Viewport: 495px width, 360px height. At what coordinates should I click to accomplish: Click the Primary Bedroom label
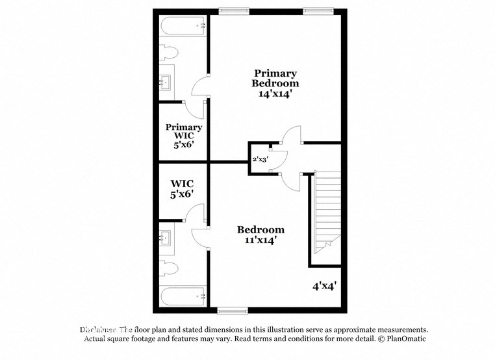point(275,78)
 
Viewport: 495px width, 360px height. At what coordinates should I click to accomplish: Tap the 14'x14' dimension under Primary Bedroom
point(275,93)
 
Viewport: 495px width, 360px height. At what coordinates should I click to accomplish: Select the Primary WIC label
point(184,132)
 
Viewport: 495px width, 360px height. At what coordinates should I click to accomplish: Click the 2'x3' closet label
point(260,159)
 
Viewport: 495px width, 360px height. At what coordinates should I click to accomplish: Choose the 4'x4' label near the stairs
point(324,285)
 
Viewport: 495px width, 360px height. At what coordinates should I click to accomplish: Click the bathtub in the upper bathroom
point(183,26)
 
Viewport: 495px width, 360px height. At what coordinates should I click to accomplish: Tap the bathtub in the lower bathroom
point(183,296)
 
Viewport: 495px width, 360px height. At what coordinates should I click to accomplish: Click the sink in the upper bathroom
point(166,82)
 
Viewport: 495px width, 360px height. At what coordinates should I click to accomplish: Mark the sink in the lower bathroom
point(166,238)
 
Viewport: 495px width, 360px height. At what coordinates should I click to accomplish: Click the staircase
point(327,211)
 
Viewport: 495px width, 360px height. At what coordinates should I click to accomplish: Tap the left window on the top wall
point(234,10)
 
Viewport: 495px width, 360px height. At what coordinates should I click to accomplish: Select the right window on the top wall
point(318,10)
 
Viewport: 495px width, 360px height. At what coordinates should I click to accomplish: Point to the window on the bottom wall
point(232,310)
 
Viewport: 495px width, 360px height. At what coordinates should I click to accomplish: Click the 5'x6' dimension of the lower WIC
point(183,194)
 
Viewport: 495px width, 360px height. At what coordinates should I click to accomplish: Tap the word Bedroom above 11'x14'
point(260,229)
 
